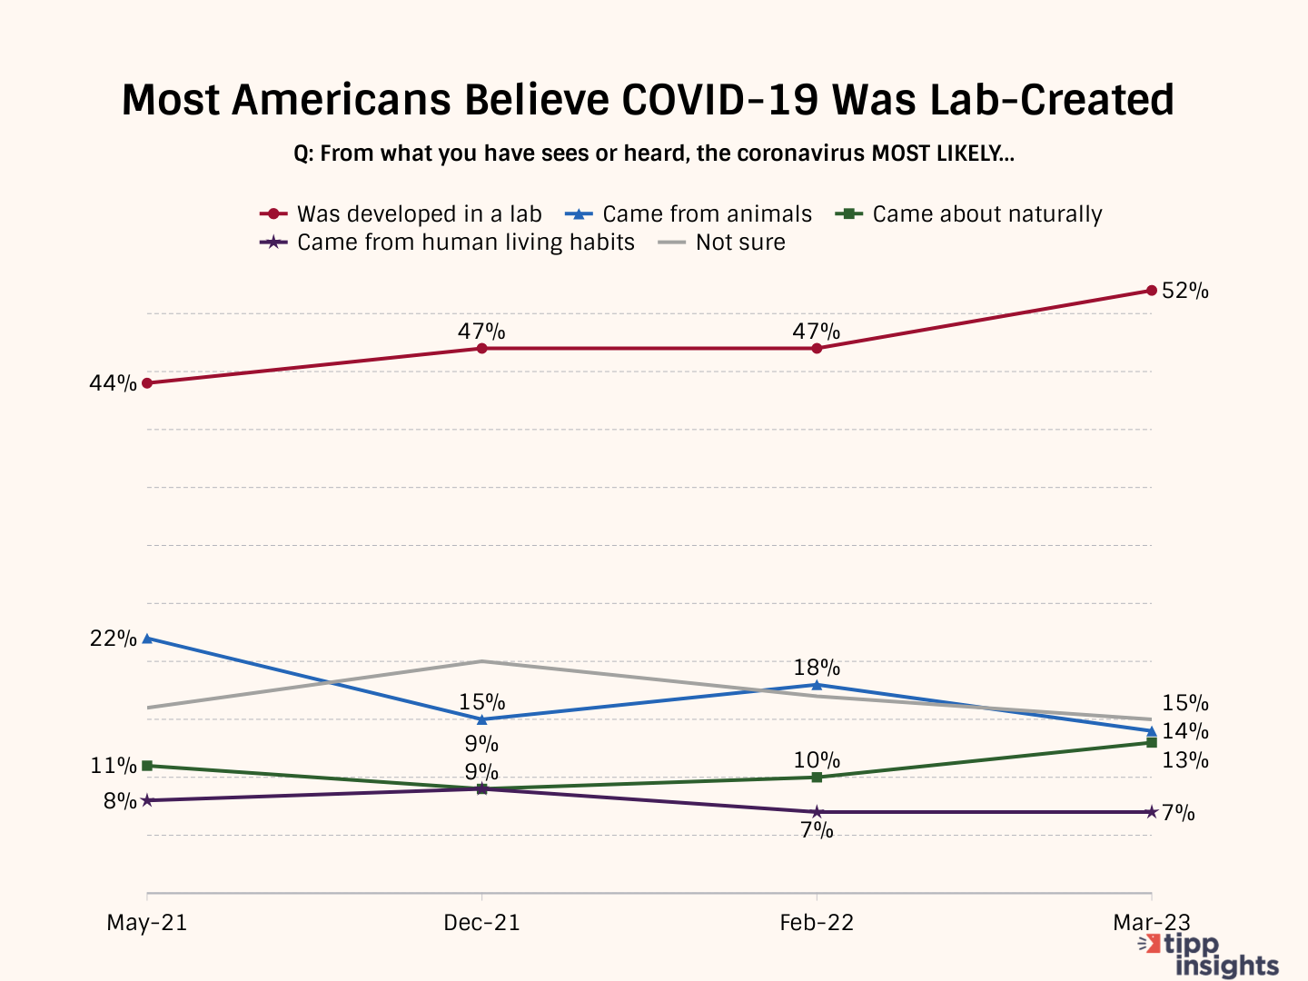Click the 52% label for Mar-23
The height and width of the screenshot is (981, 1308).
1184,292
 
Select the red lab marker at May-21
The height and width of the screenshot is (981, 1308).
147,383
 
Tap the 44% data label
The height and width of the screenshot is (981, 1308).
113,384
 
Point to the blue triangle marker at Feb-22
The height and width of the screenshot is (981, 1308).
817,685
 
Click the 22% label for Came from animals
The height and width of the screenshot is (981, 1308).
113,639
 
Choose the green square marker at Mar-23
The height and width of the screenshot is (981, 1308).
1152,742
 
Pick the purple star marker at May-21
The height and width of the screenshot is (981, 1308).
147,800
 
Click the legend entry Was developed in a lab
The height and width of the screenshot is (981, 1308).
401,214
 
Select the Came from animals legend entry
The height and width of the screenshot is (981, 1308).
689,214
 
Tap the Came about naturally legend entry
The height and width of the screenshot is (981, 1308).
969,214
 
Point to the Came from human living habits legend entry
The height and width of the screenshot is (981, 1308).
448,243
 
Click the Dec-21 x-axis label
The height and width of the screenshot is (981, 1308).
481,923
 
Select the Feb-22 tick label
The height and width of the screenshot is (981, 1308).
817,923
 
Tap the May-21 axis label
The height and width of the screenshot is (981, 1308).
147,923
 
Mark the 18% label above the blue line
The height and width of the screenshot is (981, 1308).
817,669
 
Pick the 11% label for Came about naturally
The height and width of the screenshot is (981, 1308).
113,766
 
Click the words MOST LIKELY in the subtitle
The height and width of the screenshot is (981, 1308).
942,154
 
